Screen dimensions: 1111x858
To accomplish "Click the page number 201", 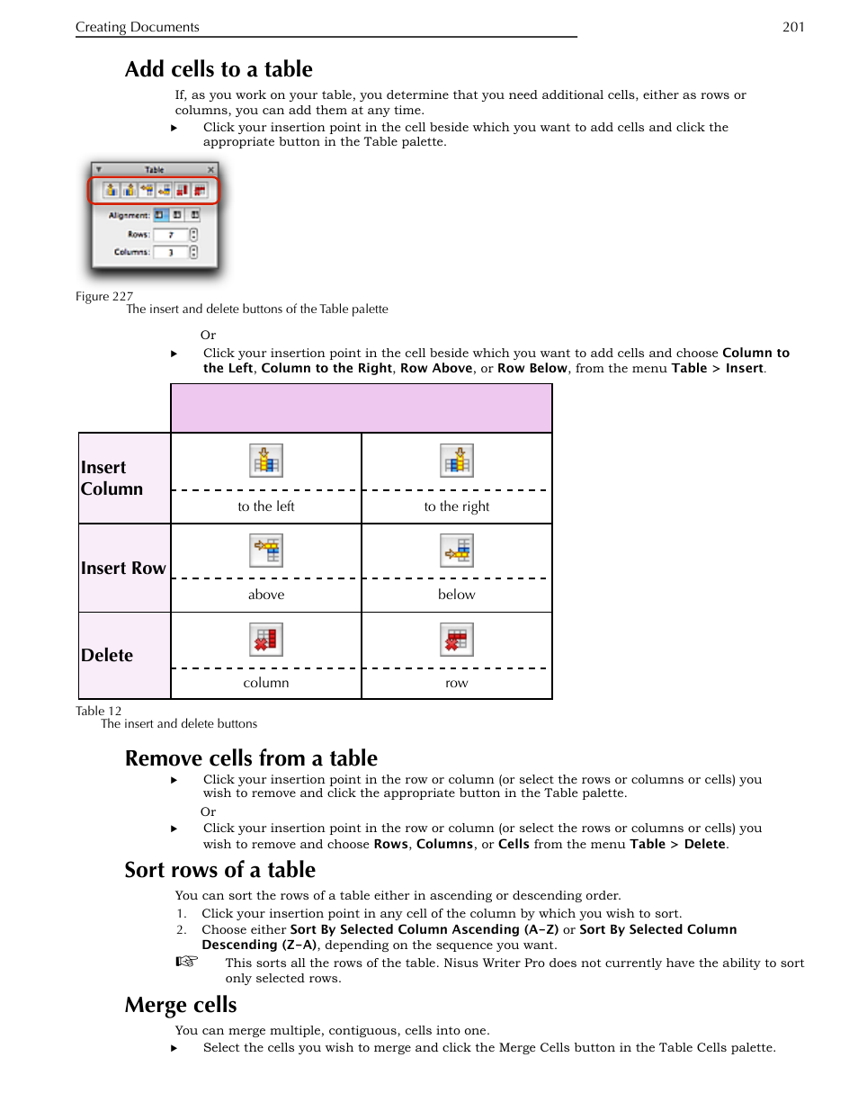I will coord(793,27).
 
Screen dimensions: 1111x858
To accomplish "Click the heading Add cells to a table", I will coord(219,69).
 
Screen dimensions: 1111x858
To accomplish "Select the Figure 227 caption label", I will coord(104,296).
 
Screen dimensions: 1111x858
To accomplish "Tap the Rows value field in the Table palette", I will coord(171,235).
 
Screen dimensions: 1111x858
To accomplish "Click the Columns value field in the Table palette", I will coord(171,253).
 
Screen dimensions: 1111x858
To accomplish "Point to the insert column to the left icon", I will coord(266,461).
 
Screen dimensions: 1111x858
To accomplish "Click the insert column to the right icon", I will coord(457,461).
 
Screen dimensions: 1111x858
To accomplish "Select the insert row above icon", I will coord(266,550).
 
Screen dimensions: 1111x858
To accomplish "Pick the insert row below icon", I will coord(457,550).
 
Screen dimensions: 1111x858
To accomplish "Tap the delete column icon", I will coord(266,640).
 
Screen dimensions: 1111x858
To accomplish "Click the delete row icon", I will coord(457,640).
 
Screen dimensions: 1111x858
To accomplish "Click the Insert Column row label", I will coord(112,478).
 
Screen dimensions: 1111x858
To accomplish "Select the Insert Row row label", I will coord(123,568).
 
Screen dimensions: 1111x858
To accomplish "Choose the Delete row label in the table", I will coord(107,655).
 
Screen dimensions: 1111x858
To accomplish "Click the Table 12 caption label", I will coord(98,711).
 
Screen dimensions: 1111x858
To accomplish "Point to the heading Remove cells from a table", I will coord(251,758).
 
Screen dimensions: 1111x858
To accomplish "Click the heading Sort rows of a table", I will coord(220,870).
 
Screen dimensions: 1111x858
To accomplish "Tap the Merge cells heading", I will coord(181,1005).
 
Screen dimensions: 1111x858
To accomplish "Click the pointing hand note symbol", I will coord(186,962).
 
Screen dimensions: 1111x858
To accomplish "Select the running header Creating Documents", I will coord(138,27).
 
